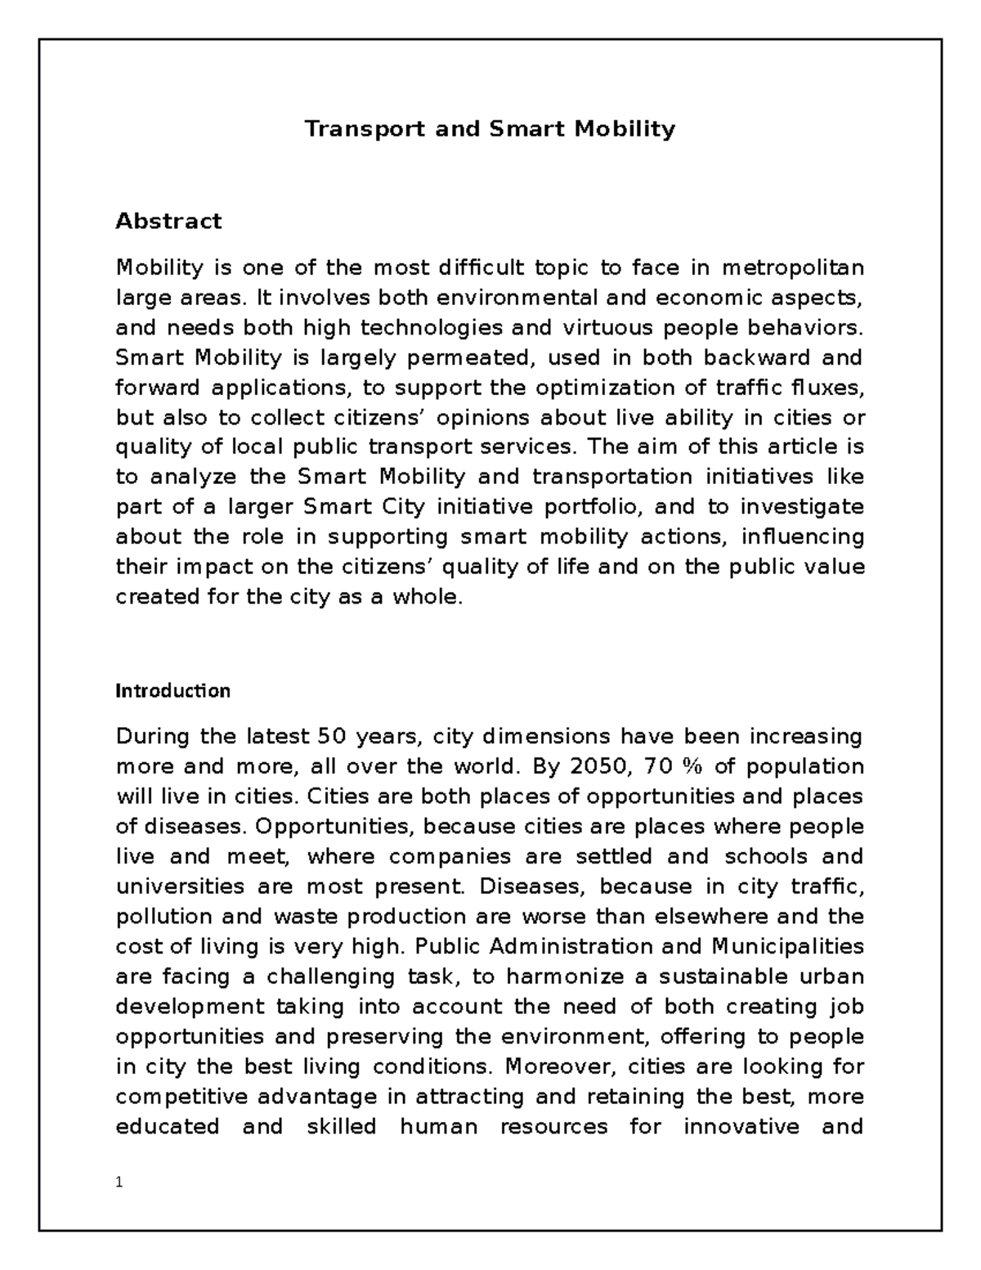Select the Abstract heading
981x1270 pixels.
(x=168, y=221)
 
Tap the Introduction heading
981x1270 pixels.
(x=172, y=691)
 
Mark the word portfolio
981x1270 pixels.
(x=597, y=507)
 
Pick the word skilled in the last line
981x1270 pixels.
(x=341, y=1127)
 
